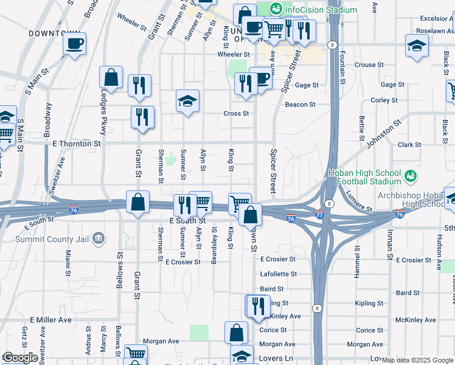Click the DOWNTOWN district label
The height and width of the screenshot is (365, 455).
[54, 32]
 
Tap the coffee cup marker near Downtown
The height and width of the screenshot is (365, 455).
[75, 44]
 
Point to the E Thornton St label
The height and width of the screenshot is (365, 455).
[76, 144]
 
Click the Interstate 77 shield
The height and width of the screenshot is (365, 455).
[320, 215]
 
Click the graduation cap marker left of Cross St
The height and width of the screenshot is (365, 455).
[188, 101]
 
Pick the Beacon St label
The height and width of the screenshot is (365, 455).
[300, 105]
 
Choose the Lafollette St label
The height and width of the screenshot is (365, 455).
[277, 274]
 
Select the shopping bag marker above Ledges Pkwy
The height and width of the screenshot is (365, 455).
[111, 77]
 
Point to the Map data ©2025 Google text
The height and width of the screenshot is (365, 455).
[417, 360]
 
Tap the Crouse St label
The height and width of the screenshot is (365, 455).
[365, 65]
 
